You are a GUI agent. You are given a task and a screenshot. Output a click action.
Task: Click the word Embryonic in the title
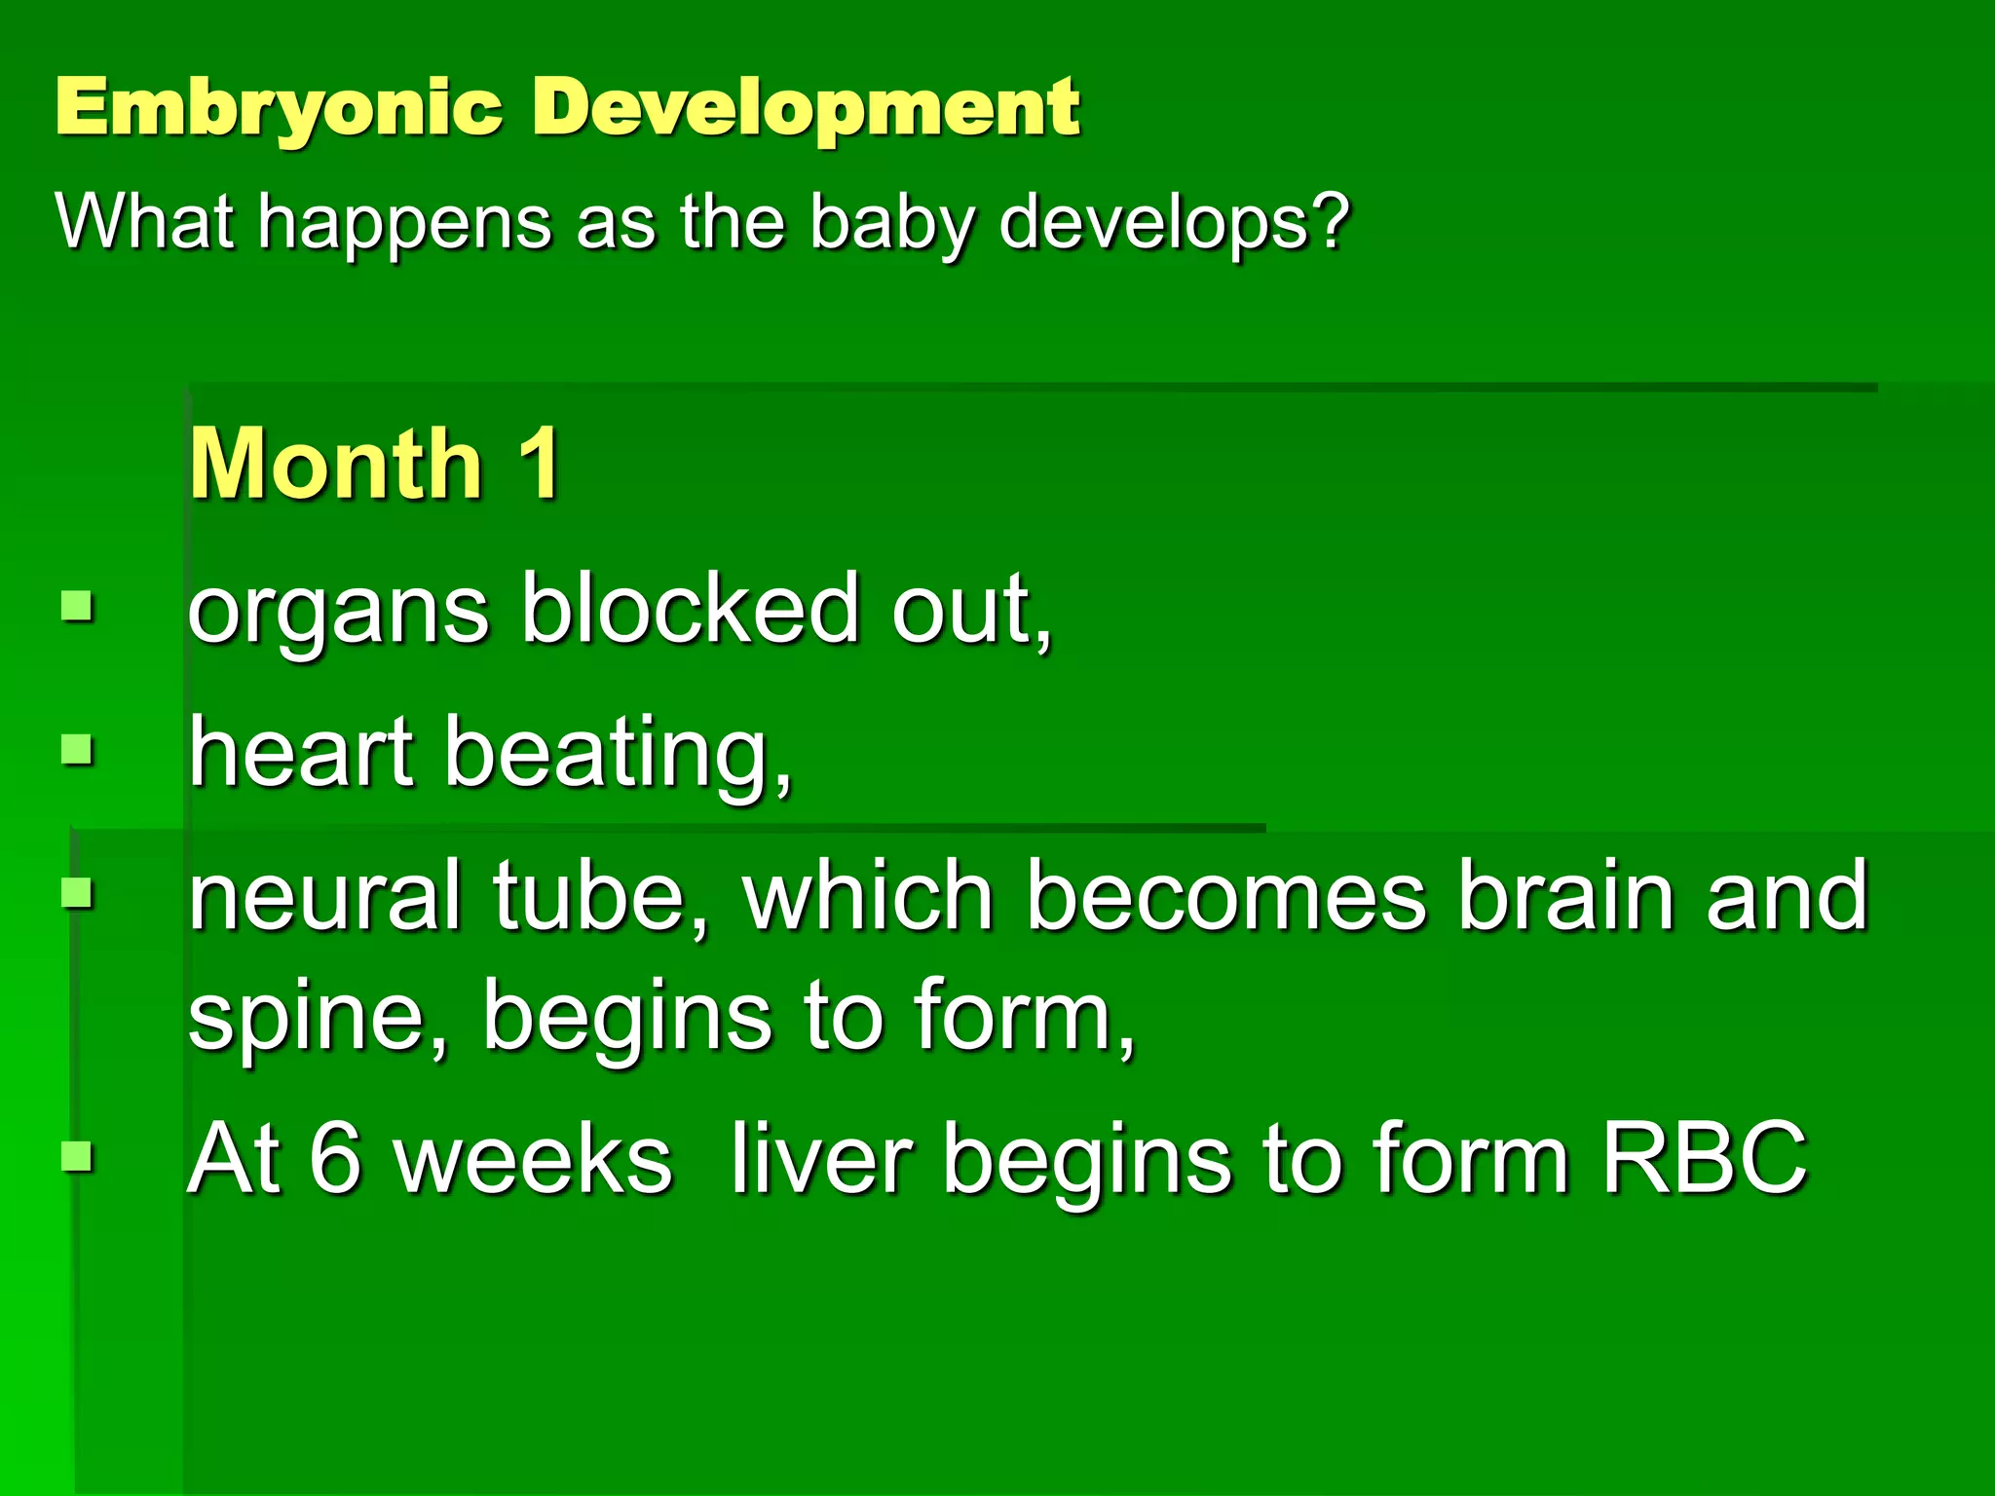[279, 107]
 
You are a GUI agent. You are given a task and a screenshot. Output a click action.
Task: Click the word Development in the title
[806, 107]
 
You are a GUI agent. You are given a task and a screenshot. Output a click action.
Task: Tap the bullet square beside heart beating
[77, 749]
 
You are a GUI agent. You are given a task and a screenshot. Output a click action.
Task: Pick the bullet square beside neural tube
[77, 891]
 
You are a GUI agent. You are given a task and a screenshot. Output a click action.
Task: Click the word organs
[338, 614]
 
